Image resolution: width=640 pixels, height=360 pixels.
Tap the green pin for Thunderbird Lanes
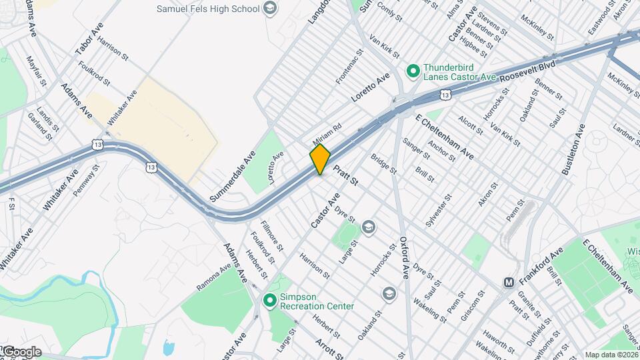413,69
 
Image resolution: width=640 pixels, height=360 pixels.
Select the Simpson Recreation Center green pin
270,301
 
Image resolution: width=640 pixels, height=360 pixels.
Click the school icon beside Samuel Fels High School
270,9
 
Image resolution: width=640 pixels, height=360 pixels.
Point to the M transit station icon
509,282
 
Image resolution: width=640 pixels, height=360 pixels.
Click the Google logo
21,351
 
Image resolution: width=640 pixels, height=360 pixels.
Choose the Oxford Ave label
404,257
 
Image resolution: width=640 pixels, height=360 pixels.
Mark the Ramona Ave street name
213,277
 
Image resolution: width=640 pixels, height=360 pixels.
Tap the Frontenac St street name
350,65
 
